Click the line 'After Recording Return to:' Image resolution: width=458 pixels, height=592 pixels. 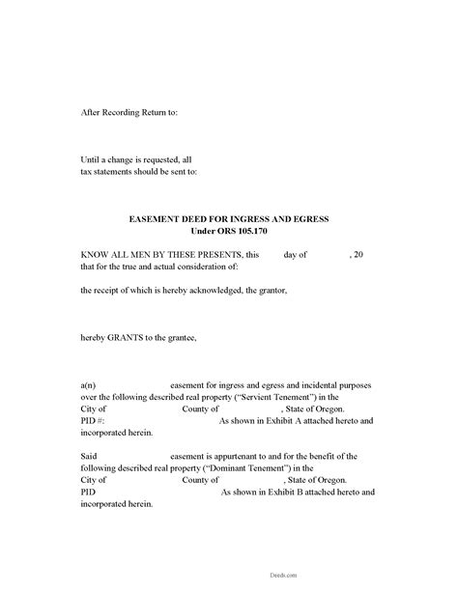tap(129, 112)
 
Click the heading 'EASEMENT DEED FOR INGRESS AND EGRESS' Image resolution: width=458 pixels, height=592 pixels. tap(229, 219)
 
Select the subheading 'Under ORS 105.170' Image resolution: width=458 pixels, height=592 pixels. tap(229, 231)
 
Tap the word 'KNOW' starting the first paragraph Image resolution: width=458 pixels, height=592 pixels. tap(95, 254)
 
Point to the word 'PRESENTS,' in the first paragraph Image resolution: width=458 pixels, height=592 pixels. tap(221, 254)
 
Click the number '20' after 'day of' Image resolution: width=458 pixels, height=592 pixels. tap(359, 254)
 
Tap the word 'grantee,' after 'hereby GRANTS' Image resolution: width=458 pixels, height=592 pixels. tap(180, 337)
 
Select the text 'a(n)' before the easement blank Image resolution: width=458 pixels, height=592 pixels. tap(88, 384)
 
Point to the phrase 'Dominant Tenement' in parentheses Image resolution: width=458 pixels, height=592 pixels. tap(269, 467)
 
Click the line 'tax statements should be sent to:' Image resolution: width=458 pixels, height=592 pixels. tap(139, 172)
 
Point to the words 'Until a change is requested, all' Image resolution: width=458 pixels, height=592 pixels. tap(136, 159)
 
